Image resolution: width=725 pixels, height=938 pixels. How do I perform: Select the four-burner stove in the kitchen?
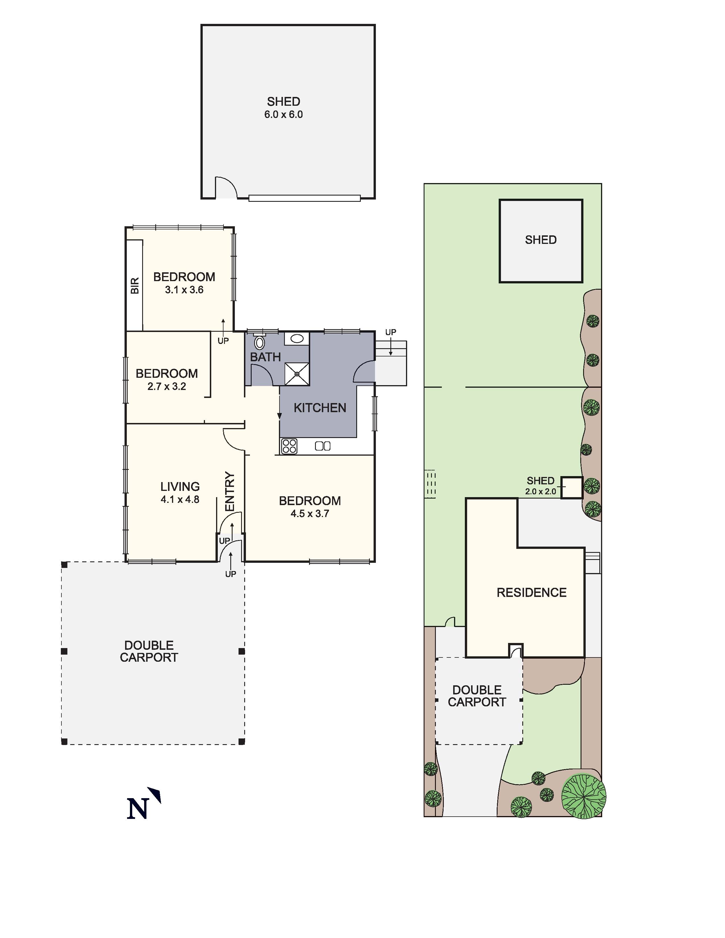pos(289,446)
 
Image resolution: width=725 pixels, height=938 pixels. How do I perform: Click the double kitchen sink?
pos(323,446)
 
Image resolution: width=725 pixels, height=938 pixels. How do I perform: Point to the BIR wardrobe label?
pos(134,286)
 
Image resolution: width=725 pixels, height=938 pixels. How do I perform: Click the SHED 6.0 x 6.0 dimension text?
pos(283,115)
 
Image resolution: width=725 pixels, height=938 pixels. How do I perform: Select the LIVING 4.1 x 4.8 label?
pos(180,493)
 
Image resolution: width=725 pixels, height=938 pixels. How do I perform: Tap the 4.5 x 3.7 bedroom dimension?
pos(310,514)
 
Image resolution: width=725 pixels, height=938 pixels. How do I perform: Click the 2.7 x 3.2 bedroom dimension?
pos(167,387)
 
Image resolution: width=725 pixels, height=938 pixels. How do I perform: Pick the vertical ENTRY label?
pos(230,492)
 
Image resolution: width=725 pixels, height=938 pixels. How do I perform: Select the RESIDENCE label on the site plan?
pos(531,593)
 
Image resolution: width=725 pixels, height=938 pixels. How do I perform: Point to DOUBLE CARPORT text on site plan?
pos(477,696)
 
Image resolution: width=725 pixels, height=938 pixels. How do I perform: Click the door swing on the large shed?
pos(225,188)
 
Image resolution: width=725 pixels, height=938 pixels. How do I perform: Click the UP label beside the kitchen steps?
pos(390,332)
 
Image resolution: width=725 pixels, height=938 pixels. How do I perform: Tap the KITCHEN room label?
pos(320,408)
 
